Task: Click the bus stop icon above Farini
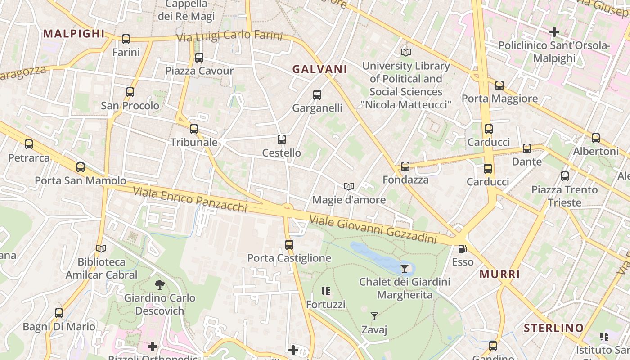[126, 39]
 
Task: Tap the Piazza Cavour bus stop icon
[199, 58]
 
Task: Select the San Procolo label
[130, 106]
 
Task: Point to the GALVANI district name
[320, 69]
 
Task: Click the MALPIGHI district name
[74, 33]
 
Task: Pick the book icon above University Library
[406, 52]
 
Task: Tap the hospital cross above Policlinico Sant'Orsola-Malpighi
[554, 32]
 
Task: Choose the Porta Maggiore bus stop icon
[499, 85]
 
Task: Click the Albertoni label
[596, 151]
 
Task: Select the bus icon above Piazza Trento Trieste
[565, 176]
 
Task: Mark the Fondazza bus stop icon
[405, 166]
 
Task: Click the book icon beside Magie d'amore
[348, 186]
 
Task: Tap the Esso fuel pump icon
[462, 249]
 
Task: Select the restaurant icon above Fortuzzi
[326, 291]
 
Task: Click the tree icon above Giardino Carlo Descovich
[159, 284]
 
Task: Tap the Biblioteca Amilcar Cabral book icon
[101, 248]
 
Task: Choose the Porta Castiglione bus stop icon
[289, 245]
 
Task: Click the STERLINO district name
[554, 328]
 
